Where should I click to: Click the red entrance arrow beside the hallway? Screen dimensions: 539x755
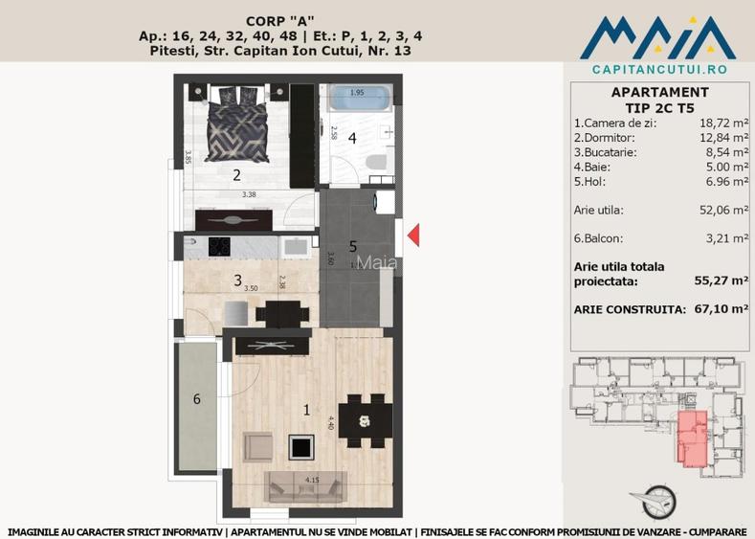coord(413,235)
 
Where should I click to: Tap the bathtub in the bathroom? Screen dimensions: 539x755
coord(356,99)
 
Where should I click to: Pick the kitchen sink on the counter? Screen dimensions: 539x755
coord(293,247)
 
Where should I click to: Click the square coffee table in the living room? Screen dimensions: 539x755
coord(303,446)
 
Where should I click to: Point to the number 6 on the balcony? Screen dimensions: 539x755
coord(197,399)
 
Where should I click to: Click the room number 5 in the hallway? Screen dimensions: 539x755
coord(353,245)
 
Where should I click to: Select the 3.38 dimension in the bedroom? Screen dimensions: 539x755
coord(249,194)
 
